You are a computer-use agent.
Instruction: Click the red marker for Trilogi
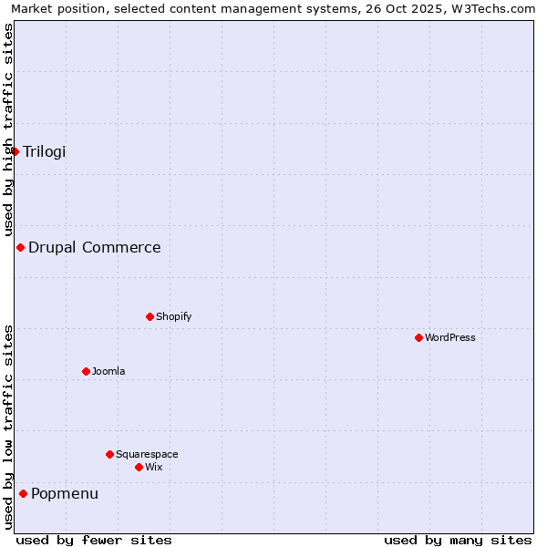[15, 151]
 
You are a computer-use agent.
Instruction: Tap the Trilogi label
[45, 151]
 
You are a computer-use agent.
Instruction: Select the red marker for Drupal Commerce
[20, 247]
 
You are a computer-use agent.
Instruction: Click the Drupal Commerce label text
[95, 247]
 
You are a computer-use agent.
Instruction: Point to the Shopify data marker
[150, 316]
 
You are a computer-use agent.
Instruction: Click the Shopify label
[174, 316]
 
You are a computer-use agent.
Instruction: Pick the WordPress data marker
[418, 337]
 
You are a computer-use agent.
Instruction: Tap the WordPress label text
[450, 337]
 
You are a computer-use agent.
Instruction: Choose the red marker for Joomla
[86, 371]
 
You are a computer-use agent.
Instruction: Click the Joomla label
[108, 371]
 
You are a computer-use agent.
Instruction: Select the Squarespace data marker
[109, 454]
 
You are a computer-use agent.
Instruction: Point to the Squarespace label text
[147, 454]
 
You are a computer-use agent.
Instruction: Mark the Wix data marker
[139, 467]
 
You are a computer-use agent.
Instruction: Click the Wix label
[154, 467]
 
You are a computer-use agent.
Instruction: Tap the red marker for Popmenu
[23, 493]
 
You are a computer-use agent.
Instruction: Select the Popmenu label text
[65, 493]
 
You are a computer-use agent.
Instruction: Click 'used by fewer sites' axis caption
[94, 540]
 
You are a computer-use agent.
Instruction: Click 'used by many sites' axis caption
[458, 540]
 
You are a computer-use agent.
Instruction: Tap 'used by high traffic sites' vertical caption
[8, 129]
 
